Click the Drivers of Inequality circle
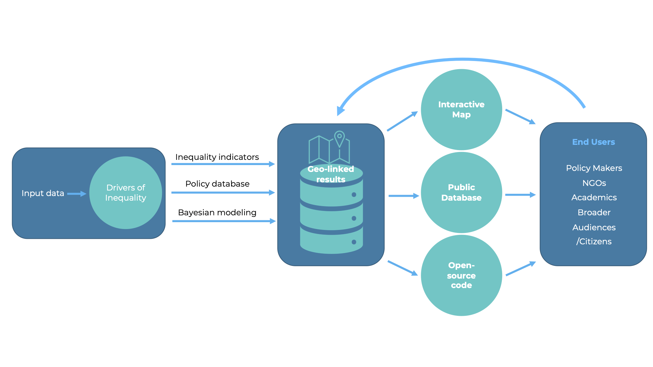pos(126,192)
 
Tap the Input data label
pos(43,193)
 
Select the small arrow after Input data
pos(76,194)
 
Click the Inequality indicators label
pos(217,157)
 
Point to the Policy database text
pos(217,184)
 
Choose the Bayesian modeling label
pos(217,212)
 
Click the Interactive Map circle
pos(461,110)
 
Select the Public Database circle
pos(461,192)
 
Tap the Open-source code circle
pos(461,275)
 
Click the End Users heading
pos(593,142)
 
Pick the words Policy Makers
pos(594,168)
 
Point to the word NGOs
pos(594,183)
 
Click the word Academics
pos(594,197)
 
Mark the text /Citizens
pos(594,241)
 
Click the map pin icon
pos(340,138)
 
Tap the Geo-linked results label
pos(331,174)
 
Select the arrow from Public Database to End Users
pos(520,195)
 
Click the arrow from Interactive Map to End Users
pos(520,116)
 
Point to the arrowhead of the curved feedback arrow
pos(341,111)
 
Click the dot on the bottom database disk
pos(354,242)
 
